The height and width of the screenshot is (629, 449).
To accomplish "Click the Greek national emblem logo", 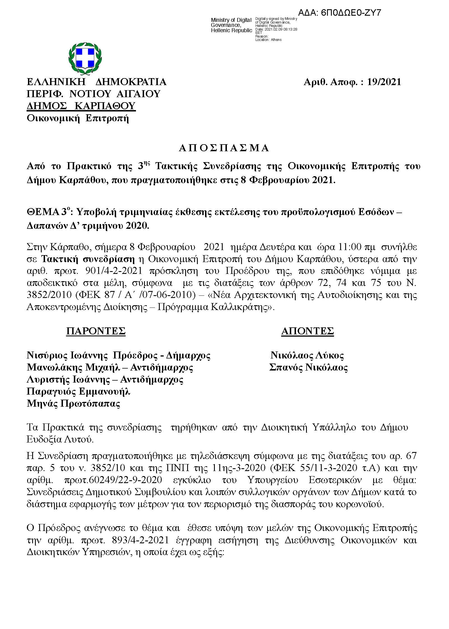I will point(85,58).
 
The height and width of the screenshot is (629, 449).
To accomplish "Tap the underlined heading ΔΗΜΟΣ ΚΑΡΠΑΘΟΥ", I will point(81,106).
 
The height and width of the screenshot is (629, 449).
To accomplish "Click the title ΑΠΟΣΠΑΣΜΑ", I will point(224,148).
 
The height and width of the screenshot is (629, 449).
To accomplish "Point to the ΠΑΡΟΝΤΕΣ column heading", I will point(96,331).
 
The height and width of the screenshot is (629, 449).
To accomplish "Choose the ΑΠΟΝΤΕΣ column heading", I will point(307,331).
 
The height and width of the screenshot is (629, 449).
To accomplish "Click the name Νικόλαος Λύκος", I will point(307,355).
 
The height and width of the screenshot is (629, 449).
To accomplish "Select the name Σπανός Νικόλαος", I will point(308,367).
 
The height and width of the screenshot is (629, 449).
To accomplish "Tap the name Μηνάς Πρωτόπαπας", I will point(73,404).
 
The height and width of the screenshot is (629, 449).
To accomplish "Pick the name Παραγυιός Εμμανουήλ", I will point(78,392).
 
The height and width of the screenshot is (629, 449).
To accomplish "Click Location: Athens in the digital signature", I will point(268,40).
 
